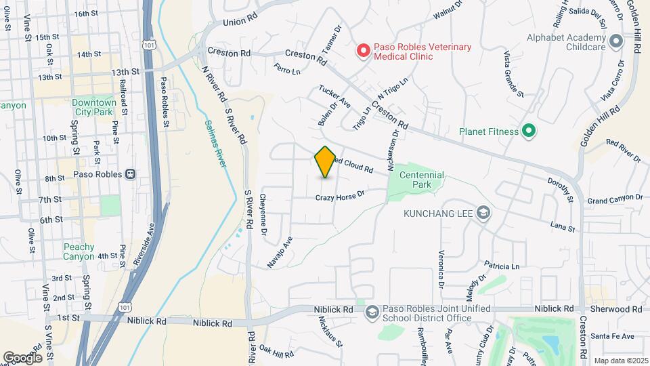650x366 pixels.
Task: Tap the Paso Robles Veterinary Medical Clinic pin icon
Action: [x=364, y=49]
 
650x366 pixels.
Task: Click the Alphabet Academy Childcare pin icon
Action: [x=615, y=42]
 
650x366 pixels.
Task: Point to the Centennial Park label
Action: [x=422, y=179]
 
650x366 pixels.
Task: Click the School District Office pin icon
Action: [x=371, y=312]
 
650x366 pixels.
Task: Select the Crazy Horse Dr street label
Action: [x=341, y=196]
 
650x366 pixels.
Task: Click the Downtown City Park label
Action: [x=93, y=106]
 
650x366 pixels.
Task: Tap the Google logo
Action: [x=22, y=357]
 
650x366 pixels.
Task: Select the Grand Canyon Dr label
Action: [x=614, y=198]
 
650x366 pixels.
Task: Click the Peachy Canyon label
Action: [x=79, y=251]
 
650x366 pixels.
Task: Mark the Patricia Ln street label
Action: [x=502, y=265]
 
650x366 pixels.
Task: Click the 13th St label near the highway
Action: [x=125, y=70]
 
